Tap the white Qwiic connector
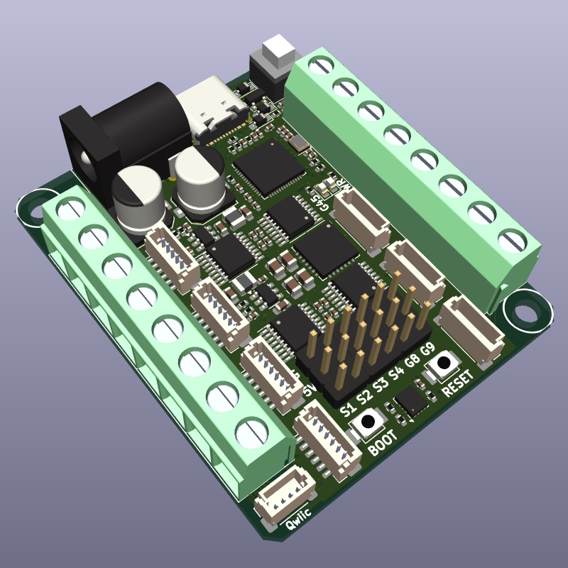pos(286,500)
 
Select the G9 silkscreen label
pos(427,351)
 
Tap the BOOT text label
pos(384,447)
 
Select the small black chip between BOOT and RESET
pos(411,400)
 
